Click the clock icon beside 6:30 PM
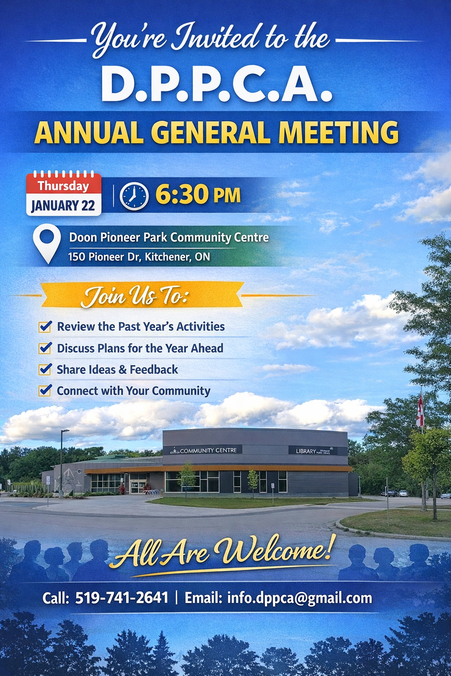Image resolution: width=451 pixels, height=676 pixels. tap(134, 196)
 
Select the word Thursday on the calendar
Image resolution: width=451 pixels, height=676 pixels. tap(63, 186)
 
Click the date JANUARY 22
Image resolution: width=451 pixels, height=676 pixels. tap(63, 206)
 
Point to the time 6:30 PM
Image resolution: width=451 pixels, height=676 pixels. tap(198, 195)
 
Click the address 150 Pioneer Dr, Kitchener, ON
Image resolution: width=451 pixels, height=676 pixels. tap(139, 257)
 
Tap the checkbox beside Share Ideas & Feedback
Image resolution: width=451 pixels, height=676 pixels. tap(45, 369)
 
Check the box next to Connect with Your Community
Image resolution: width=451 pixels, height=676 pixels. tap(45, 390)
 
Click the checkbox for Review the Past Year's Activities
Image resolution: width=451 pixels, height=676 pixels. tap(45, 327)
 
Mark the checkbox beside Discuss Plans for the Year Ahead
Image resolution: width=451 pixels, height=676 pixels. tap(45, 348)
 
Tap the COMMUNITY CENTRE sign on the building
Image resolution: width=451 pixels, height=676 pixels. tap(207, 450)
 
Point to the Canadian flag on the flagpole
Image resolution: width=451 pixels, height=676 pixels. tap(420, 411)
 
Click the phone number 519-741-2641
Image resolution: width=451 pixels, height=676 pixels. tap(122, 598)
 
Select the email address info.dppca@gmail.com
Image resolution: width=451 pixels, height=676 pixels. tap(299, 598)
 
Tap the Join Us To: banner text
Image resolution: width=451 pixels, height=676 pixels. tap(135, 296)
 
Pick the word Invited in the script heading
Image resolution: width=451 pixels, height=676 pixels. tap(216, 37)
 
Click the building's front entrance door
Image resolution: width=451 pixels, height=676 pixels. tap(137, 486)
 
